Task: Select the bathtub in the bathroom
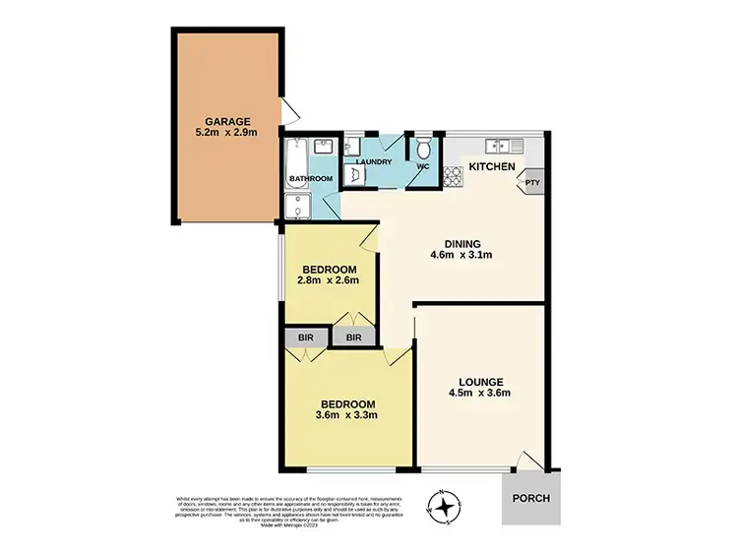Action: [297, 157]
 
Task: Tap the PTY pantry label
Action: [532, 181]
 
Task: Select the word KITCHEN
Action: [491, 168]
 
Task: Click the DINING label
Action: [461, 244]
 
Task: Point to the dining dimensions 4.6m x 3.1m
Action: [461, 257]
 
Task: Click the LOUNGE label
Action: [480, 382]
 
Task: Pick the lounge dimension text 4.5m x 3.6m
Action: [480, 395]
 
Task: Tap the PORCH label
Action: [530, 498]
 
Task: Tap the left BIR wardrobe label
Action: [306, 339]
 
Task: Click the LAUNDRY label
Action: [374, 162]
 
